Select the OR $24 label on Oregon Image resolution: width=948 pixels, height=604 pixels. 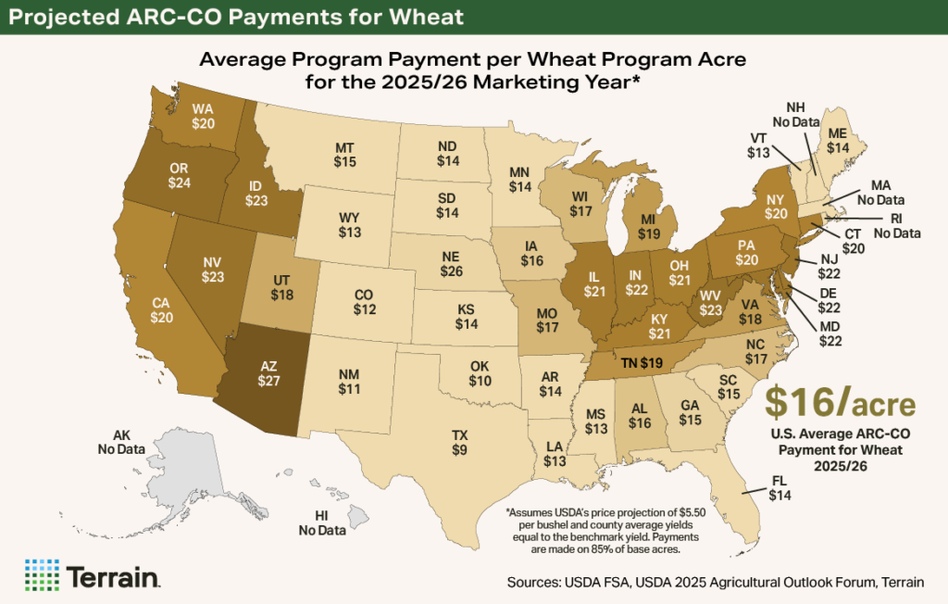[x=180, y=175]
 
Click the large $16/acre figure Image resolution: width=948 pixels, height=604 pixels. [x=841, y=404]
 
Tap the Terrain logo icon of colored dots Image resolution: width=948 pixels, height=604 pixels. [x=42, y=574]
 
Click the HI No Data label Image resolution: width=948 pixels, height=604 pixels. [x=321, y=523]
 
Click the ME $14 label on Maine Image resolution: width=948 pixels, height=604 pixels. [x=838, y=139]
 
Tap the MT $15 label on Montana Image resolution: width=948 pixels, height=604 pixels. [x=344, y=156]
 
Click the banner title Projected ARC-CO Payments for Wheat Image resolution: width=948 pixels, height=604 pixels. [x=232, y=18]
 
